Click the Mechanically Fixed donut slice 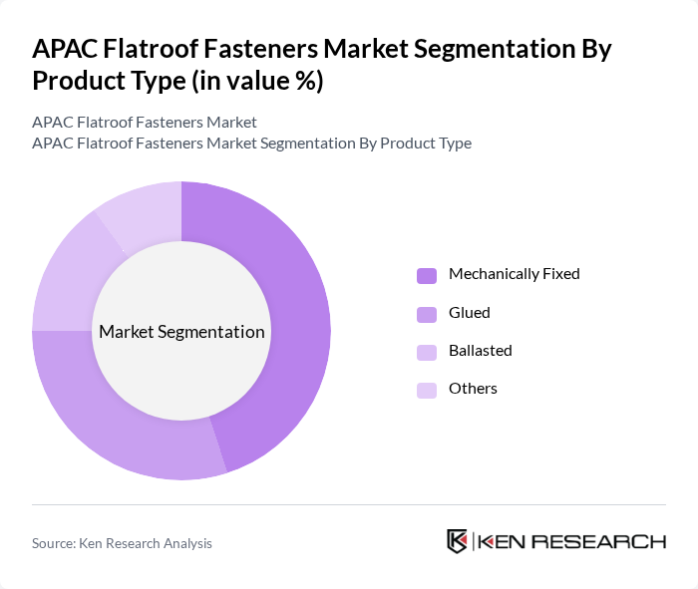point(299,299)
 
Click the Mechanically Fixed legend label point(514,273)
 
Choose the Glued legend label point(469,312)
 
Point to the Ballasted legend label point(480,350)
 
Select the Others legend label point(473,388)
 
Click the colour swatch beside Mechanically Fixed point(427,275)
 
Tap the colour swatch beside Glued point(427,314)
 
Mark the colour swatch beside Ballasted point(427,352)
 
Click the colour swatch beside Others point(427,390)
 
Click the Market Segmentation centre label point(181,332)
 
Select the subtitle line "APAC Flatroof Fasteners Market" point(145,122)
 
